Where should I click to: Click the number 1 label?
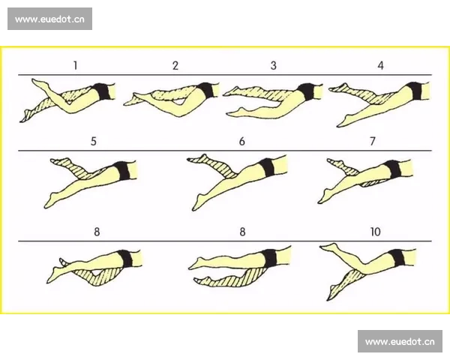75,66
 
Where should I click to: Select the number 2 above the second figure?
175,66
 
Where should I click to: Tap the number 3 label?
274,66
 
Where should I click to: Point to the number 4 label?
380,66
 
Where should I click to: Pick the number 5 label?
94,142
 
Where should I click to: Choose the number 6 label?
242,142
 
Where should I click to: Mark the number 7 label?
373,142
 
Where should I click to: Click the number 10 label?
376,232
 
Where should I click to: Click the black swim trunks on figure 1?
103,91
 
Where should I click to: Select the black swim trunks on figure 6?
266,166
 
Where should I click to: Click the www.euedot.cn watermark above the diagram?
49,19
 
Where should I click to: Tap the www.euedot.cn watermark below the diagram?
400,341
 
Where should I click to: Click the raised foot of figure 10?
329,247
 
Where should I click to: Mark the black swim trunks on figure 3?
306,91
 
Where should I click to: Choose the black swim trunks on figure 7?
392,169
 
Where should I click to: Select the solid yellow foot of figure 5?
50,201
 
